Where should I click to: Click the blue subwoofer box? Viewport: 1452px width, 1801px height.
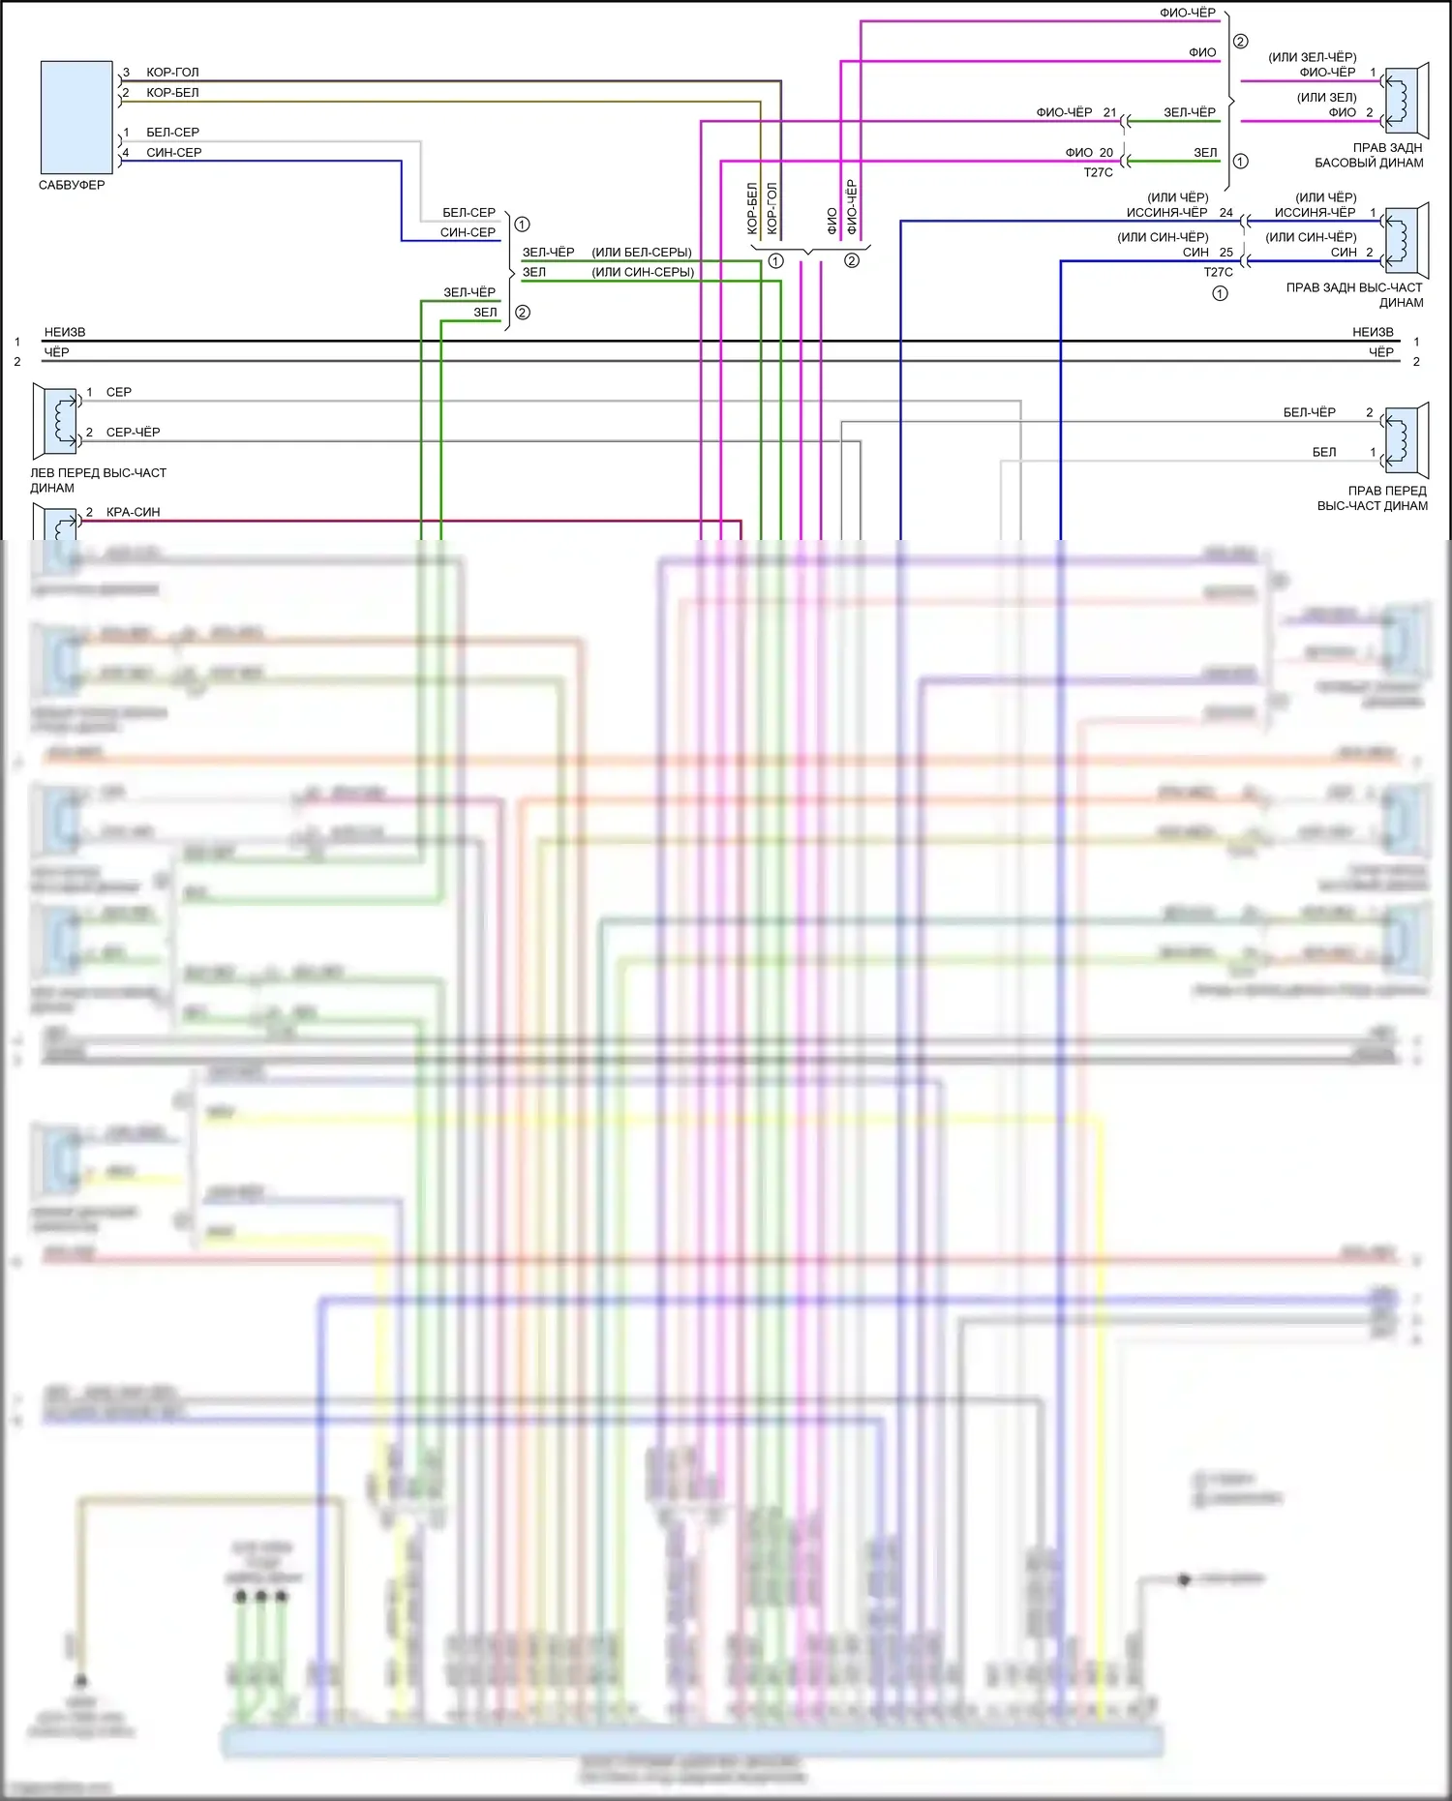[76, 117]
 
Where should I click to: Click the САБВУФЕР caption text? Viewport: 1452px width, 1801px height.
[72, 185]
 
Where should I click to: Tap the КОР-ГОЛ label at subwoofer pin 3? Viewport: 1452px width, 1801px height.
[172, 73]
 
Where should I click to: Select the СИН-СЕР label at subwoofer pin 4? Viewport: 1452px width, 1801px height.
[173, 153]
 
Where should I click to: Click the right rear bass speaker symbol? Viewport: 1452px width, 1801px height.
[1406, 102]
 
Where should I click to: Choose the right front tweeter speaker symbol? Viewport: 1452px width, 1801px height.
[1406, 441]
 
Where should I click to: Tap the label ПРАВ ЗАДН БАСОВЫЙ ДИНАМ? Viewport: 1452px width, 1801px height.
[1369, 155]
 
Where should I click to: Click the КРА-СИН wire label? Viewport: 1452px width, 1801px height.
[133, 512]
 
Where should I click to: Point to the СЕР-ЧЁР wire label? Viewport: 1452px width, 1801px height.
[133, 433]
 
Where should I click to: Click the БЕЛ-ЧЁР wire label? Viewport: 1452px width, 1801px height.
[1309, 412]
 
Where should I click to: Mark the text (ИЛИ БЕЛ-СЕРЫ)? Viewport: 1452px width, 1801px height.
[642, 253]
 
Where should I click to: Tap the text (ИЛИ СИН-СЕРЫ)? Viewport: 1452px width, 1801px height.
[643, 272]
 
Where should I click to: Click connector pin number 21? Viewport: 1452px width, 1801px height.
[1109, 112]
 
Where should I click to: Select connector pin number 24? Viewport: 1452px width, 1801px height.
[1225, 213]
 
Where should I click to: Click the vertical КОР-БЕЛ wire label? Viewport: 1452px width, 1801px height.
[752, 208]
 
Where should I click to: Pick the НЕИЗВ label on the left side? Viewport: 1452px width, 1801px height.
[65, 332]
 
